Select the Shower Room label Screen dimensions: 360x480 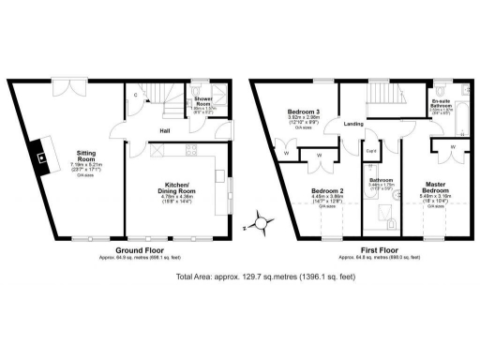[x=203, y=99]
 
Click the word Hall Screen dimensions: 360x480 [x=164, y=130]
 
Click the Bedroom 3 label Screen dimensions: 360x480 [x=304, y=114]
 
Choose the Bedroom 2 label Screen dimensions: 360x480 [x=328, y=191]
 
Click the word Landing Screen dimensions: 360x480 [x=353, y=124]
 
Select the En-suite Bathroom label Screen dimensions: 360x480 [x=442, y=104]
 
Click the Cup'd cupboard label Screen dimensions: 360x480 [x=371, y=150]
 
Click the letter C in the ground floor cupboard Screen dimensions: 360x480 [x=136, y=94]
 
